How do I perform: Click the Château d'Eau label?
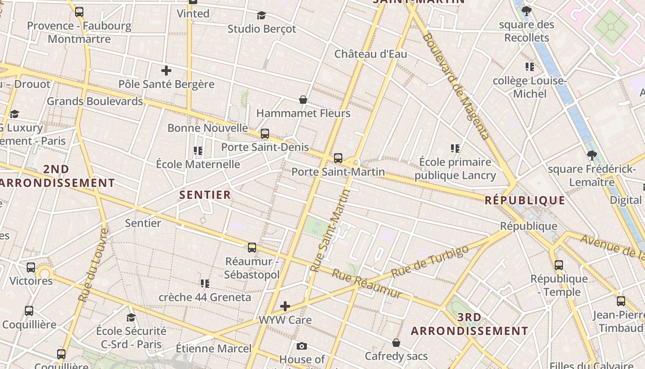tap(370, 54)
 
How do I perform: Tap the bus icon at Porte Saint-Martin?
tap(338, 158)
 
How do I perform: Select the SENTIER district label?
tap(205, 195)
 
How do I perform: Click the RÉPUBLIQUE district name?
tap(525, 200)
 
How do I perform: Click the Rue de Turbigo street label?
tap(429, 261)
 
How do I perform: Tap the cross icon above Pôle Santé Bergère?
tap(166, 71)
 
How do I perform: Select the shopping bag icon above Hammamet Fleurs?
tap(303, 100)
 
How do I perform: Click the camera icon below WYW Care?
tap(302, 346)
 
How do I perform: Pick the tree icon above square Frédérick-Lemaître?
tap(592, 155)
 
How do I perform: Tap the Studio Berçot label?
tap(262, 29)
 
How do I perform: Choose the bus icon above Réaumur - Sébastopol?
tap(252, 248)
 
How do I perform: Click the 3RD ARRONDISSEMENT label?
tap(469, 324)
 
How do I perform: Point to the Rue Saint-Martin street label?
tap(330, 231)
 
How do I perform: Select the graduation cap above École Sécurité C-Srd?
tap(131, 317)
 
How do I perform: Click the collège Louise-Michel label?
tap(529, 87)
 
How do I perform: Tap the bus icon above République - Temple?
tap(559, 265)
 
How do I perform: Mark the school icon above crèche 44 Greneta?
tap(205, 283)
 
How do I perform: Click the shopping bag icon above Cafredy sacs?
tap(396, 343)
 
